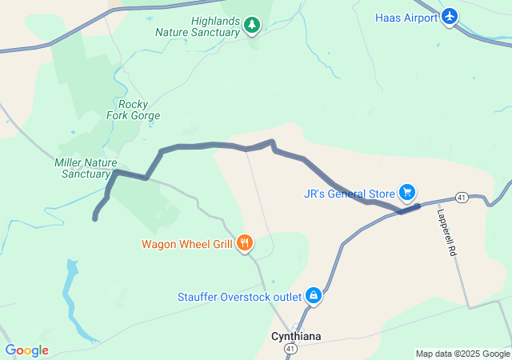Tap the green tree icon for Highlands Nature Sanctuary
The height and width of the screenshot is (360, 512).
(x=252, y=26)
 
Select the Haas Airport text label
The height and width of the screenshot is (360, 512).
(x=406, y=18)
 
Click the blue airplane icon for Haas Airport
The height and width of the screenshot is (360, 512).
(x=450, y=17)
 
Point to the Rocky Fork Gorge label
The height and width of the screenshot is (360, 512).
(x=133, y=110)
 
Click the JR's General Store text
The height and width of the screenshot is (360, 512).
(x=350, y=194)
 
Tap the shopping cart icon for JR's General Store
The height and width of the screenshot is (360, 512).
(x=407, y=192)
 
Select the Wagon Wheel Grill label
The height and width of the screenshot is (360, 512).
(x=187, y=244)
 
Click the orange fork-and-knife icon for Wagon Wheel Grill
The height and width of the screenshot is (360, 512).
(x=245, y=242)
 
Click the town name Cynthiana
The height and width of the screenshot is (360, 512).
(x=296, y=337)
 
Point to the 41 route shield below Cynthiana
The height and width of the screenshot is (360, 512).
(x=290, y=350)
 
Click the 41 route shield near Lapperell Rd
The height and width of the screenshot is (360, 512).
(x=462, y=197)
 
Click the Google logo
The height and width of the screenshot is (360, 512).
(x=26, y=350)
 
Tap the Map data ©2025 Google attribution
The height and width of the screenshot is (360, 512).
(x=462, y=354)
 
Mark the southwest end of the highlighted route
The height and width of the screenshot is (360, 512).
(x=95, y=218)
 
